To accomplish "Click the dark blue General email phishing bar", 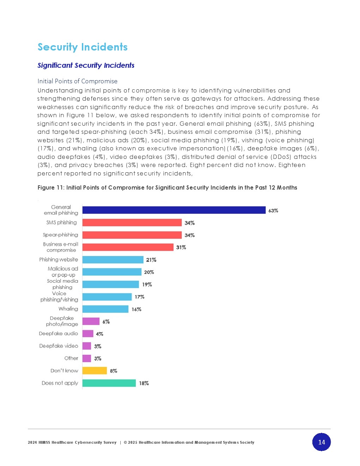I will (x=174, y=210).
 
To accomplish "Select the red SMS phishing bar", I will (x=132, y=222).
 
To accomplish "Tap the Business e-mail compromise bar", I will (x=128, y=247).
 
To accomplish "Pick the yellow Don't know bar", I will (x=95, y=370).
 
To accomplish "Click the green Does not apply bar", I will (x=109, y=383).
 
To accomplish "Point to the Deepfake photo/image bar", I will (x=91, y=321).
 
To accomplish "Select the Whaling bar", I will (x=106, y=309).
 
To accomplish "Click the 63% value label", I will (x=273, y=211).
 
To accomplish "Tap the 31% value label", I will (x=181, y=247).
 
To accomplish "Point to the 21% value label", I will (x=151, y=260).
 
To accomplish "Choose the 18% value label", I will (x=144, y=383).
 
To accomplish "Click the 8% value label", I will (x=113, y=371).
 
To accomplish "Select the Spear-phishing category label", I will (x=60, y=235).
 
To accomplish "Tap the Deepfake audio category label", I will (x=58, y=334).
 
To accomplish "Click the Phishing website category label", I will (x=59, y=259).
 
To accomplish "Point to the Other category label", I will (x=71, y=358).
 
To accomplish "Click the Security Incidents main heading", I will (x=83, y=47).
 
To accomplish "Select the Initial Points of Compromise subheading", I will (x=77, y=81).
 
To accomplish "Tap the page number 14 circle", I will (x=322, y=442).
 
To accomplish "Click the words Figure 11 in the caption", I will (x=51, y=187).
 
